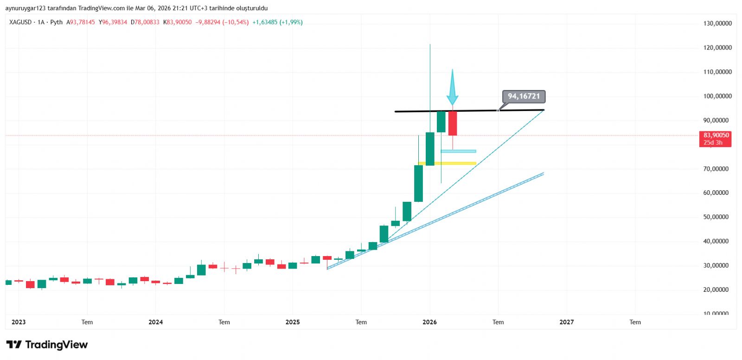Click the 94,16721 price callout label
point(524,96)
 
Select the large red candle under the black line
point(453,123)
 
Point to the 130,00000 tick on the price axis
point(717,23)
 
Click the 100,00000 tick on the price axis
point(717,96)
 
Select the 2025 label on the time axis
point(293,322)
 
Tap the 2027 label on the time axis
point(567,322)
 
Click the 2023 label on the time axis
point(19,322)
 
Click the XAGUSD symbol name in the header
point(20,22)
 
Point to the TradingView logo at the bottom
point(47,345)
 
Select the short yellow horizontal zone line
point(448,163)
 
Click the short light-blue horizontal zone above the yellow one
point(458,151)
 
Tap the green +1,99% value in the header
point(291,22)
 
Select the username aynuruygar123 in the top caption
point(26,8)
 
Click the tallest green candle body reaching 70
point(418,183)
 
